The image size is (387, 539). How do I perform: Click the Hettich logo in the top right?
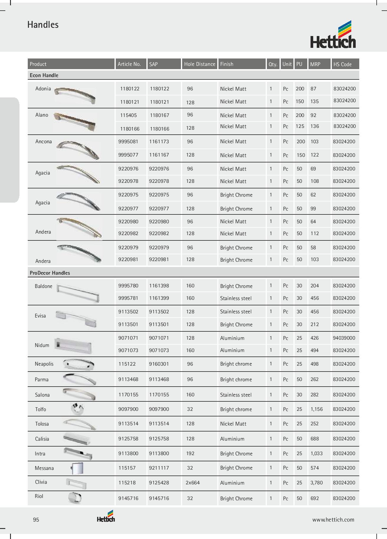pos(333,35)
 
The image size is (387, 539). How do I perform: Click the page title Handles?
pos(43,25)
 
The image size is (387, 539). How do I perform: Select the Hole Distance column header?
pos(200,64)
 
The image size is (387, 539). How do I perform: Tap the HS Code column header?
pos(342,64)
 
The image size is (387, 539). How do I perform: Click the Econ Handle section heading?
pos(44,75)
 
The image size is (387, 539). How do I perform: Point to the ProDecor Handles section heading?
pos(50,273)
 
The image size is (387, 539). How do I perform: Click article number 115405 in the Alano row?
pos(128,115)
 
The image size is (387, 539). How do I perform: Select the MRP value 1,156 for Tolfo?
pos(316,409)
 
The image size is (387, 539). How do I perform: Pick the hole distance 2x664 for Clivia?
pos(193,483)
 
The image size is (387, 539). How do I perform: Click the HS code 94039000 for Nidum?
pos(344,338)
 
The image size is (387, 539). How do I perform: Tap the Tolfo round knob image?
pos(78,409)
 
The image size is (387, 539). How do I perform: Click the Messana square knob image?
pos(77,468)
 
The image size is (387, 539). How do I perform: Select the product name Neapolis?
pos(44,364)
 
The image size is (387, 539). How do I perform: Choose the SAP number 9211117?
pos(159,468)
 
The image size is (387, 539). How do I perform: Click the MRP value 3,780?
pos(316,483)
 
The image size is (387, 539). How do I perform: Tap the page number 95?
pos(36,520)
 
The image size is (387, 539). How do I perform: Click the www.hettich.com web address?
pos(333,520)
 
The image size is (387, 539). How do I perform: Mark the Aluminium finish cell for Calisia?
pos(232,439)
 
